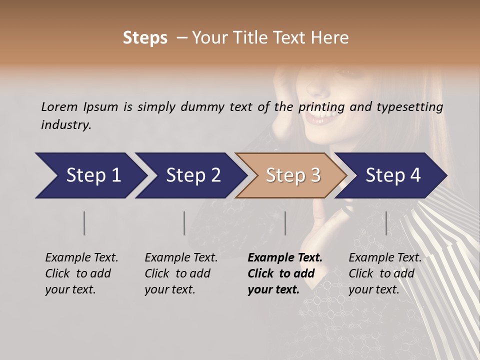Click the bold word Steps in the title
point(145,38)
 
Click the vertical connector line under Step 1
point(84,223)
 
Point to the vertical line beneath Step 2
point(184,223)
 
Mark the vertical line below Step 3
point(285,223)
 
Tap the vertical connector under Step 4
point(386,223)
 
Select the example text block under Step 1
point(81,273)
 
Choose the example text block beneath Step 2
point(181,273)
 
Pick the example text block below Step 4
point(385,273)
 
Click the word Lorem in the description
point(59,107)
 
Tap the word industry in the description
point(65,125)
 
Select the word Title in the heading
point(255,38)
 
